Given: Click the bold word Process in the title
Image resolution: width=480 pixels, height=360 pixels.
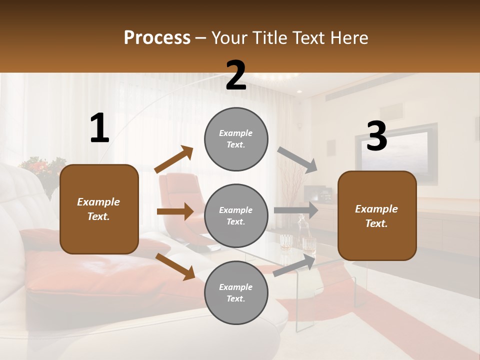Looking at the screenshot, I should [x=157, y=38].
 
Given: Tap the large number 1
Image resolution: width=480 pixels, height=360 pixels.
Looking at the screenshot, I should [x=99, y=128].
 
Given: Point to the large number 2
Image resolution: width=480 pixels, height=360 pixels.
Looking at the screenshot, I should [x=236, y=76].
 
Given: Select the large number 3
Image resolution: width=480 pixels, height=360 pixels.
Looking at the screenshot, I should [x=376, y=136].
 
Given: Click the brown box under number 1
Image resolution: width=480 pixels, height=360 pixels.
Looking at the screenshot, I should [x=99, y=209].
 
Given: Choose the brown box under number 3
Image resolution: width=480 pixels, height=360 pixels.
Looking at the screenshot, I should [x=377, y=216].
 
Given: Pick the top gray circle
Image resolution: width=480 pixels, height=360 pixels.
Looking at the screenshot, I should [x=236, y=139].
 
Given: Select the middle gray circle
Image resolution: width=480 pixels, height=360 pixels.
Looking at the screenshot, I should [x=236, y=216].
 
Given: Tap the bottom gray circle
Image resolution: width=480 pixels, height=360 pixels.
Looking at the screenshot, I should [x=236, y=293].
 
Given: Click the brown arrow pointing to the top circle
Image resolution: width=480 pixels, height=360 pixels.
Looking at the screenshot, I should [x=174, y=159].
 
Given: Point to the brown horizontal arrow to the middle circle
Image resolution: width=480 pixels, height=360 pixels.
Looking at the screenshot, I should [x=175, y=211].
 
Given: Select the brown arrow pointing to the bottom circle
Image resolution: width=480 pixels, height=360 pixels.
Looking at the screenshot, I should [x=175, y=266].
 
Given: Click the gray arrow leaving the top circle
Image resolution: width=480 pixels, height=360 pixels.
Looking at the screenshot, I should [x=297, y=159].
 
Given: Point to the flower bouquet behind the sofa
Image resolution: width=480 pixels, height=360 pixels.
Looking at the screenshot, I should [x=44, y=167].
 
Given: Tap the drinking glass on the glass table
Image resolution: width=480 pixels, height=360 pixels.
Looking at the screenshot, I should [x=286, y=242].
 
